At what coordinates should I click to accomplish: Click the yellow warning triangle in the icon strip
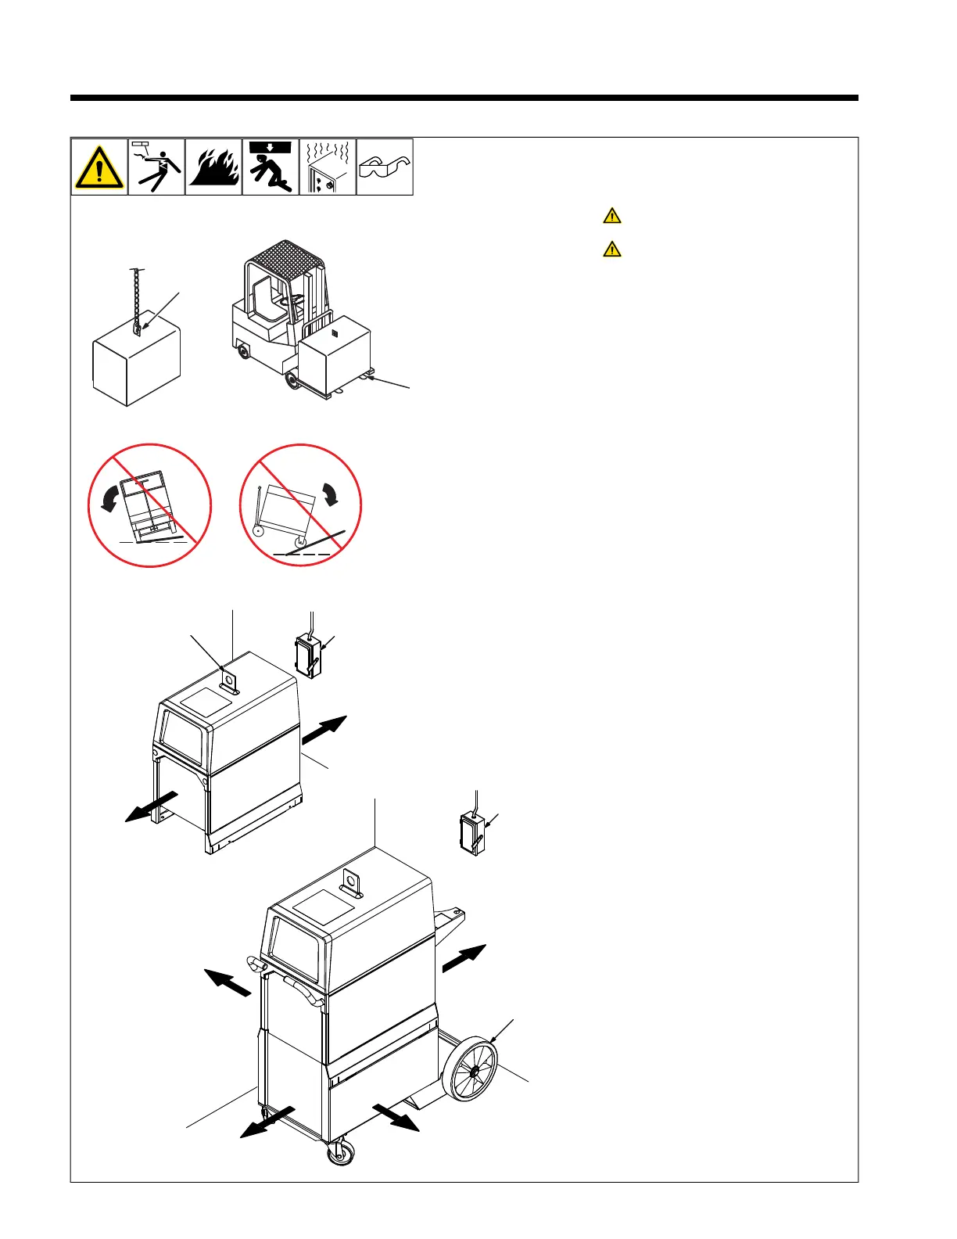click(x=99, y=167)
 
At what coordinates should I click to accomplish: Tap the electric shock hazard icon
click(x=156, y=167)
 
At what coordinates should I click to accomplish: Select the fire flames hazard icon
click(x=213, y=167)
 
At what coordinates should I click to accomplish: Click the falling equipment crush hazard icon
click(x=271, y=167)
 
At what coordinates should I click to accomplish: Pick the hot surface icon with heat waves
click(x=328, y=167)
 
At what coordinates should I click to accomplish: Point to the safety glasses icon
click(x=385, y=167)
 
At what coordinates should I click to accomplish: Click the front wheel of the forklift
click(x=293, y=380)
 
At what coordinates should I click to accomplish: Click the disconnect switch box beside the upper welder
click(x=308, y=657)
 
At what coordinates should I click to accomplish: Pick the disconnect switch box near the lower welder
click(x=471, y=834)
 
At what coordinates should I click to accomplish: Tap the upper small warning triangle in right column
click(x=612, y=216)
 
